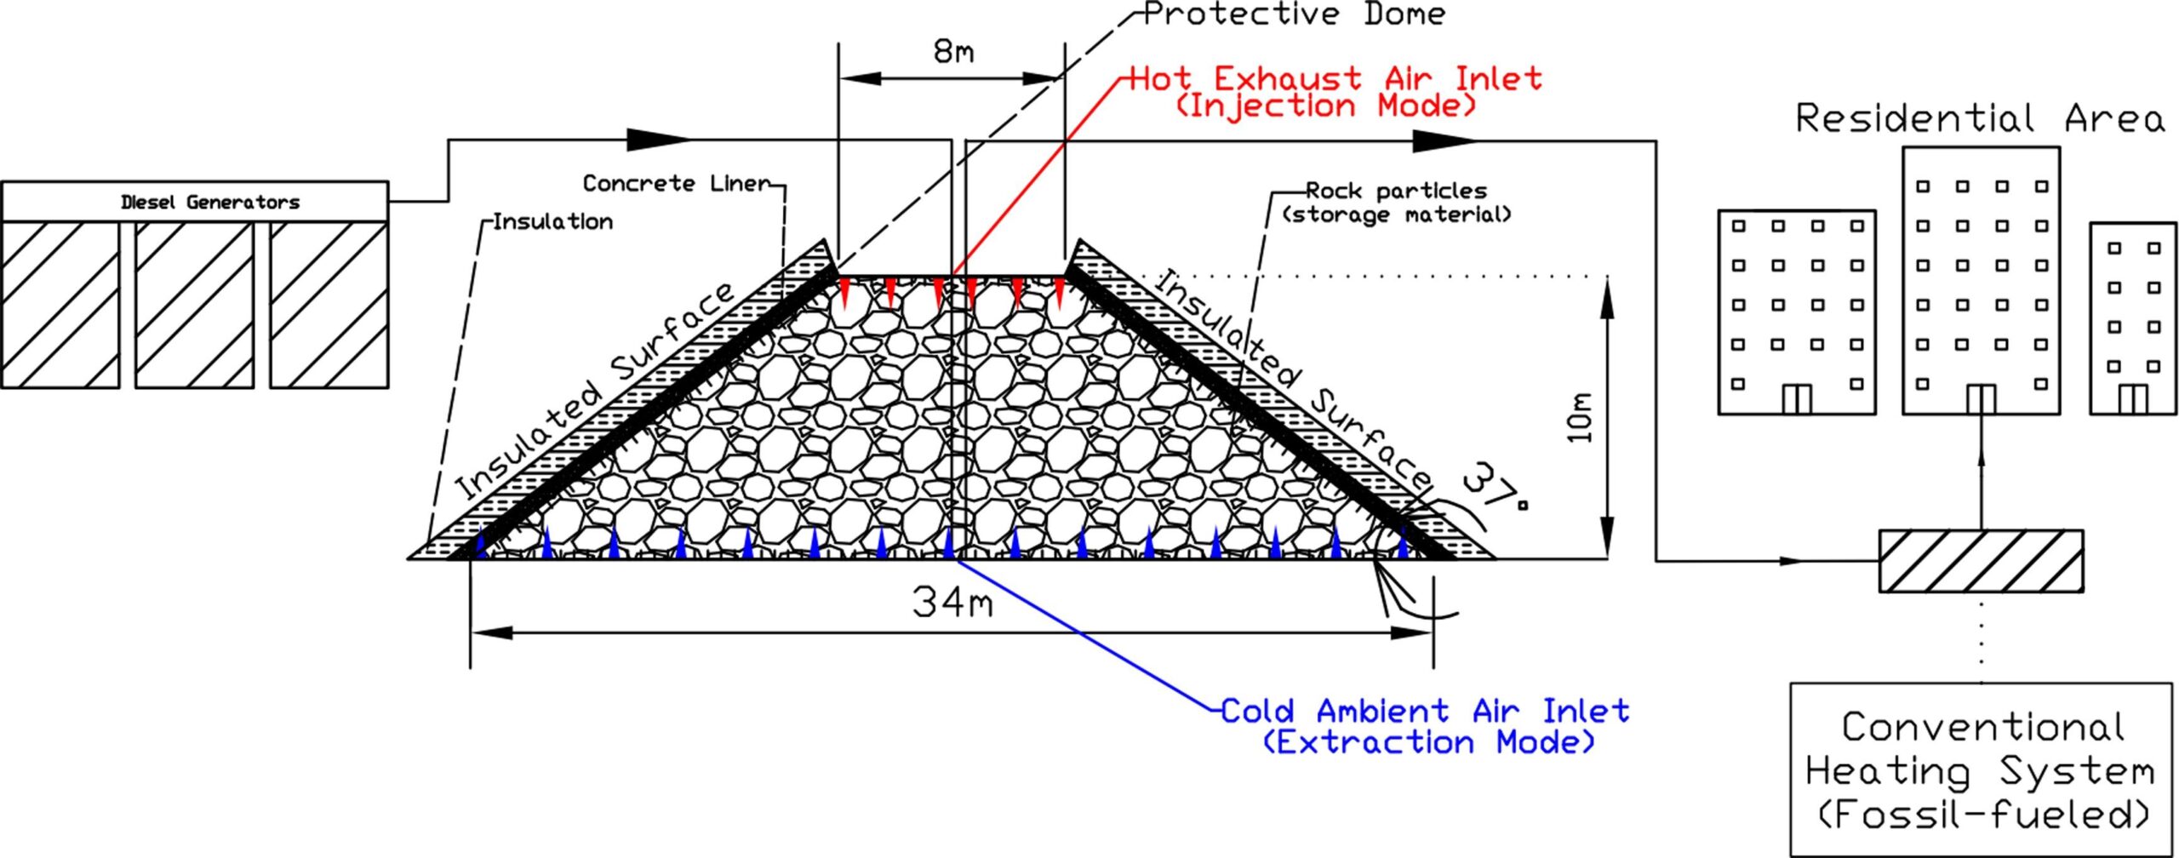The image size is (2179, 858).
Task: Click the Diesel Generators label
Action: [210, 203]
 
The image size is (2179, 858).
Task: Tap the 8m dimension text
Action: [953, 52]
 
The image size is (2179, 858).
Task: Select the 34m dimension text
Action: [952, 603]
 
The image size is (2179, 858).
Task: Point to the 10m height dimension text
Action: [1579, 417]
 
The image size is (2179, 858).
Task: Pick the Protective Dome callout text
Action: [1294, 14]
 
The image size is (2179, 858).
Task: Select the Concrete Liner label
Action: [676, 183]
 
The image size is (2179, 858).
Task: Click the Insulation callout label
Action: [552, 222]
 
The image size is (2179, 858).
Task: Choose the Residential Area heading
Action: [1980, 118]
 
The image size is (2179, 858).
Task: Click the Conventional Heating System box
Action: [1981, 769]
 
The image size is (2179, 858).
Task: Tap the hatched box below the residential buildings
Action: [1981, 560]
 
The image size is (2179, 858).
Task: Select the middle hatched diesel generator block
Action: [194, 305]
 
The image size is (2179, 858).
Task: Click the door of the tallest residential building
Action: [1981, 399]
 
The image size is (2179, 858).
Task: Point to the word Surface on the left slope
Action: [673, 331]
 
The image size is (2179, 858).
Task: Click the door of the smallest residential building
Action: [2132, 399]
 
